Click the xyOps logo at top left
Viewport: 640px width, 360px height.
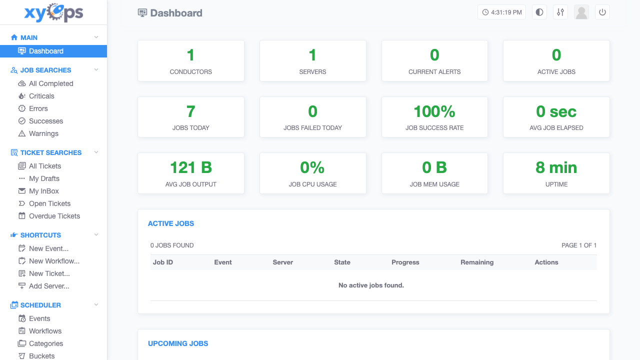click(53, 12)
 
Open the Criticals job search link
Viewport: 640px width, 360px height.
click(41, 96)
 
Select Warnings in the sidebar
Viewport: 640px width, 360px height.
click(43, 133)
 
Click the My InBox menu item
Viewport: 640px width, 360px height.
click(43, 191)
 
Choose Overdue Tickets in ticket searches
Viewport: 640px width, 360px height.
click(54, 216)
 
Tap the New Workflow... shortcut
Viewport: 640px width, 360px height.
click(54, 261)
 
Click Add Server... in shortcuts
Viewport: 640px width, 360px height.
click(49, 286)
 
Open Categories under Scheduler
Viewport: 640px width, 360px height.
click(45, 343)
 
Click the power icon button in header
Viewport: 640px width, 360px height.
click(602, 12)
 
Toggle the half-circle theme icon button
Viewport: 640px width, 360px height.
click(539, 12)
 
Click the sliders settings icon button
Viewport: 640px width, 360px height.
click(560, 12)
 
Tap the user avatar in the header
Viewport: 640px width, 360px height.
click(581, 12)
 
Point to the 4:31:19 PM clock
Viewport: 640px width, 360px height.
click(501, 12)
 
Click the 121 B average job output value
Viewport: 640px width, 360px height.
click(191, 167)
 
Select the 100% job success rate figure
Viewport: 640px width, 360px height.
click(434, 111)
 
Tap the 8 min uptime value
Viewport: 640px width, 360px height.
click(556, 167)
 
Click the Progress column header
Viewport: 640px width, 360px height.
click(405, 262)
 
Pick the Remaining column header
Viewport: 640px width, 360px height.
click(477, 262)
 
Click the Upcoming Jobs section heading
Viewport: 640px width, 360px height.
click(178, 343)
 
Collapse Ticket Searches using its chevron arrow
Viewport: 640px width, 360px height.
click(96, 152)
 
